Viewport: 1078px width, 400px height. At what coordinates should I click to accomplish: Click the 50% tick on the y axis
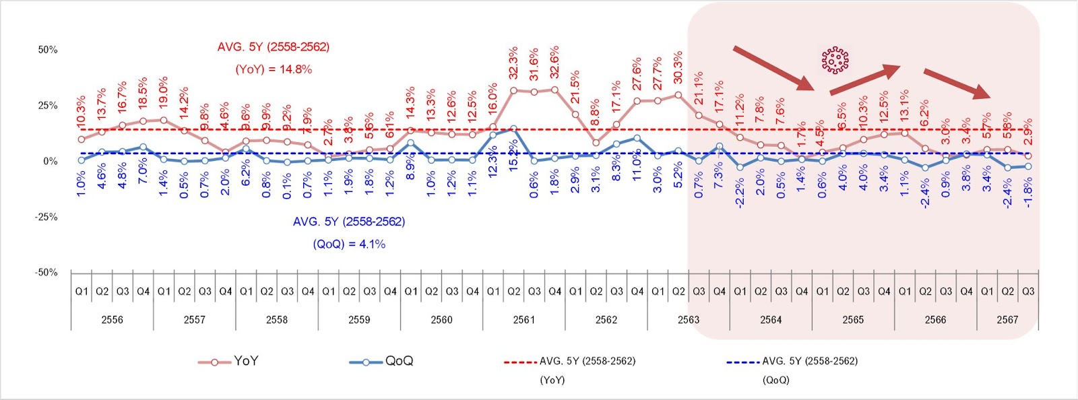[47, 50]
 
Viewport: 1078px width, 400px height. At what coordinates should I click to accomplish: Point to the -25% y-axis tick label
[46, 217]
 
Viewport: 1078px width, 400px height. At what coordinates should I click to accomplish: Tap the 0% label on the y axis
[51, 162]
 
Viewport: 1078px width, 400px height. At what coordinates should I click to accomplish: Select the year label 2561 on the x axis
[524, 320]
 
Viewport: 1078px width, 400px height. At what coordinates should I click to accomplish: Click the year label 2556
[112, 320]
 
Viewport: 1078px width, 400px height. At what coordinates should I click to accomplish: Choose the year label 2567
[1007, 320]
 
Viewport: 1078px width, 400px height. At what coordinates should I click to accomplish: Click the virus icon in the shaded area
[835, 61]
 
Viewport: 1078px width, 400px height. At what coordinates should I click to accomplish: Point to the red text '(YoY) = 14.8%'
[274, 69]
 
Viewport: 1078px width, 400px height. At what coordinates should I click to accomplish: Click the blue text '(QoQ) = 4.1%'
[349, 244]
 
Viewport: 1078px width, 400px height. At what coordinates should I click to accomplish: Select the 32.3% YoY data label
[513, 63]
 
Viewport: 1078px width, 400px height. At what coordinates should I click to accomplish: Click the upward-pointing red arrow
[865, 79]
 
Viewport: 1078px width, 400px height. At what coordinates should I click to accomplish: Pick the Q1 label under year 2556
[82, 292]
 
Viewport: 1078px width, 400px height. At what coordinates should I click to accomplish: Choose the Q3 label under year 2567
[1028, 292]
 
